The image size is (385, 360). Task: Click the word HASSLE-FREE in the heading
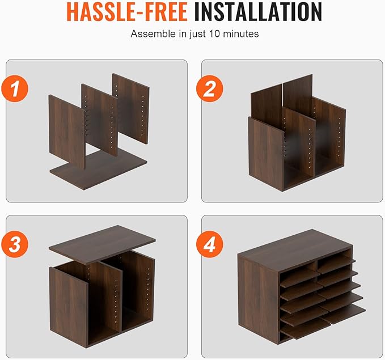click(x=127, y=12)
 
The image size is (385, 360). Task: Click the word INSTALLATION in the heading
click(x=258, y=12)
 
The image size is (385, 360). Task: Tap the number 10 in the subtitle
click(x=215, y=33)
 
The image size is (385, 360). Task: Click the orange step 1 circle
click(x=15, y=88)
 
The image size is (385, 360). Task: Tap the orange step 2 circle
click(x=210, y=88)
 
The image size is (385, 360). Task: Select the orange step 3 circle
click(x=15, y=244)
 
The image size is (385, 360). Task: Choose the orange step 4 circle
click(x=210, y=244)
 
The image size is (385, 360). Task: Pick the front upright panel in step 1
click(x=67, y=132)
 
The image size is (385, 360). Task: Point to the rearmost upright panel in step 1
click(x=130, y=108)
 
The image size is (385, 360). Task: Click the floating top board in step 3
click(x=102, y=244)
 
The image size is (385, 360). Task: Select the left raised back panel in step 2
click(x=266, y=105)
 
